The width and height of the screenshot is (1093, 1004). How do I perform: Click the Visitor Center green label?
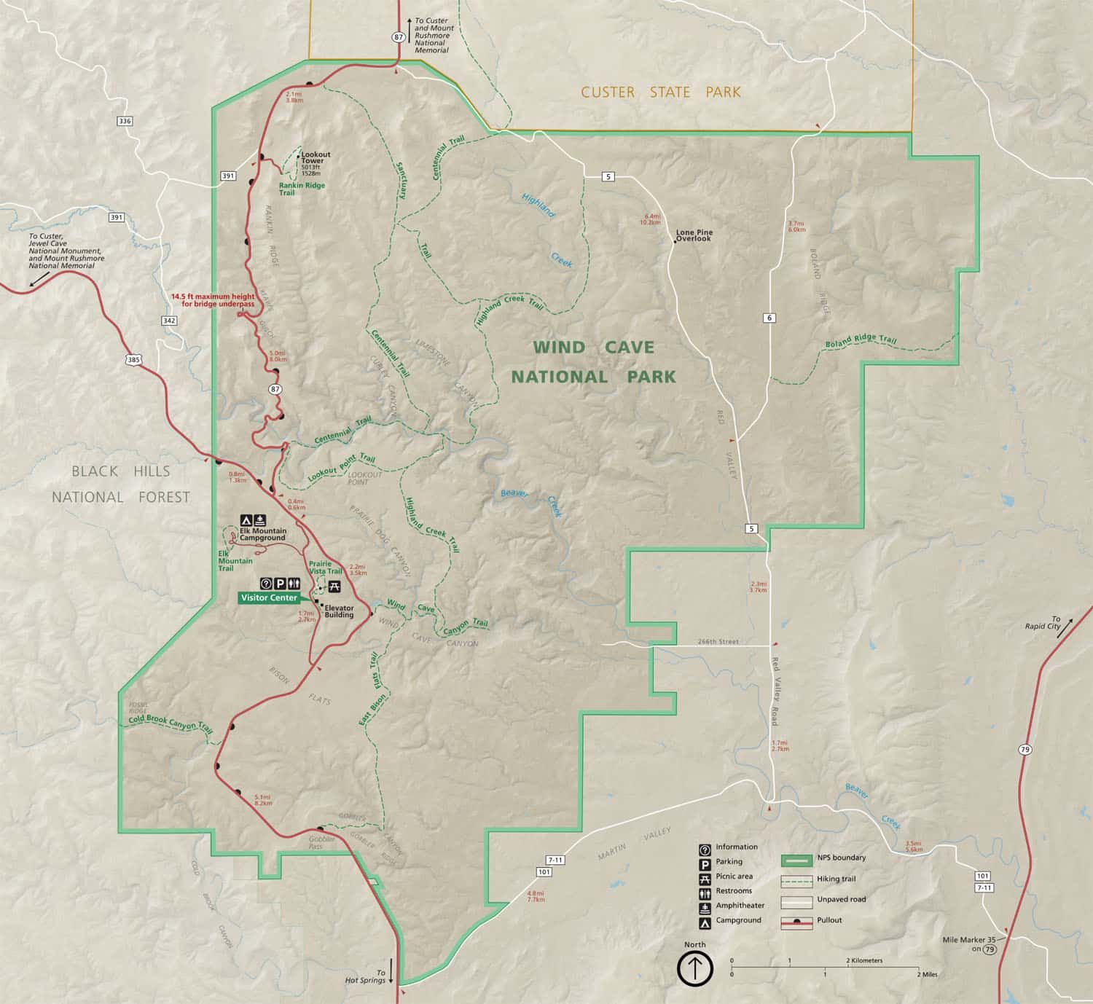point(269,597)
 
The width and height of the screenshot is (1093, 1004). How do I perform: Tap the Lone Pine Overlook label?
point(693,235)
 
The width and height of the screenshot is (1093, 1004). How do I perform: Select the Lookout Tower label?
point(316,157)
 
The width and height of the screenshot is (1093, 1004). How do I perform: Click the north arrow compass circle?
point(695,969)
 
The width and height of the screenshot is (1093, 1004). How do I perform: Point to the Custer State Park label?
point(660,93)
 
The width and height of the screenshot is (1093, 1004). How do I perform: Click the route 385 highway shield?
point(133,359)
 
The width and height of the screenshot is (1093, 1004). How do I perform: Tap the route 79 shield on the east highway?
point(1025,750)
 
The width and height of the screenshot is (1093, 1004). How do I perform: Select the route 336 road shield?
point(125,121)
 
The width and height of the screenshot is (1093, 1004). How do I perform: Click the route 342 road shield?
point(169,321)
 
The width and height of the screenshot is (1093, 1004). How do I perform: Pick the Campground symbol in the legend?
point(705,921)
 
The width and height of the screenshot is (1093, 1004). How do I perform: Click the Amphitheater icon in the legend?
point(705,906)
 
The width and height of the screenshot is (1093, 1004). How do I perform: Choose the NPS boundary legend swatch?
point(796,860)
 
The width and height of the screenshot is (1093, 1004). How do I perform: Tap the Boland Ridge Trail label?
point(861,342)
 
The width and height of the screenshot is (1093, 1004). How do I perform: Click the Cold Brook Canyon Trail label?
point(171,723)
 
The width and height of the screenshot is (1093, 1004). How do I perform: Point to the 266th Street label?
point(718,642)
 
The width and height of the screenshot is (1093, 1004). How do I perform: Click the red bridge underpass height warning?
point(212,300)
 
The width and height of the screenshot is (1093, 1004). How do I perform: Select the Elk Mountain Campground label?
point(263,534)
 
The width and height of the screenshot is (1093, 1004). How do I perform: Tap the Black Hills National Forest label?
point(120,484)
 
